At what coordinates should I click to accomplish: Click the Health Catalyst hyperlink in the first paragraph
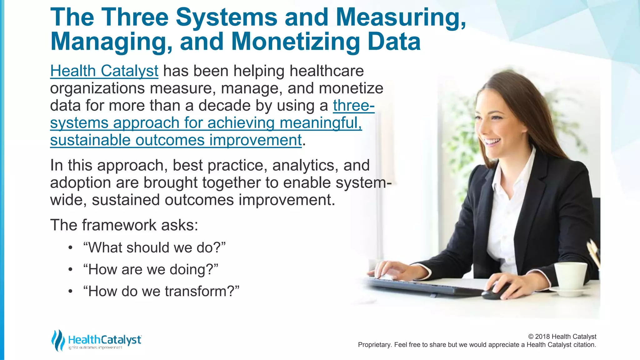coord(104,71)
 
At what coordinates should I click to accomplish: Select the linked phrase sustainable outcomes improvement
coord(176,140)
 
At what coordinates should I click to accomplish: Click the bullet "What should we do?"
coord(154,247)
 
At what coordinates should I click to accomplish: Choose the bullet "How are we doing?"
coord(150,269)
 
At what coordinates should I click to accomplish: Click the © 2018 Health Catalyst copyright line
coord(562,337)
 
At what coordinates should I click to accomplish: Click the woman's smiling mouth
coord(493,142)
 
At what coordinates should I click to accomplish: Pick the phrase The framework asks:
coord(124,225)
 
